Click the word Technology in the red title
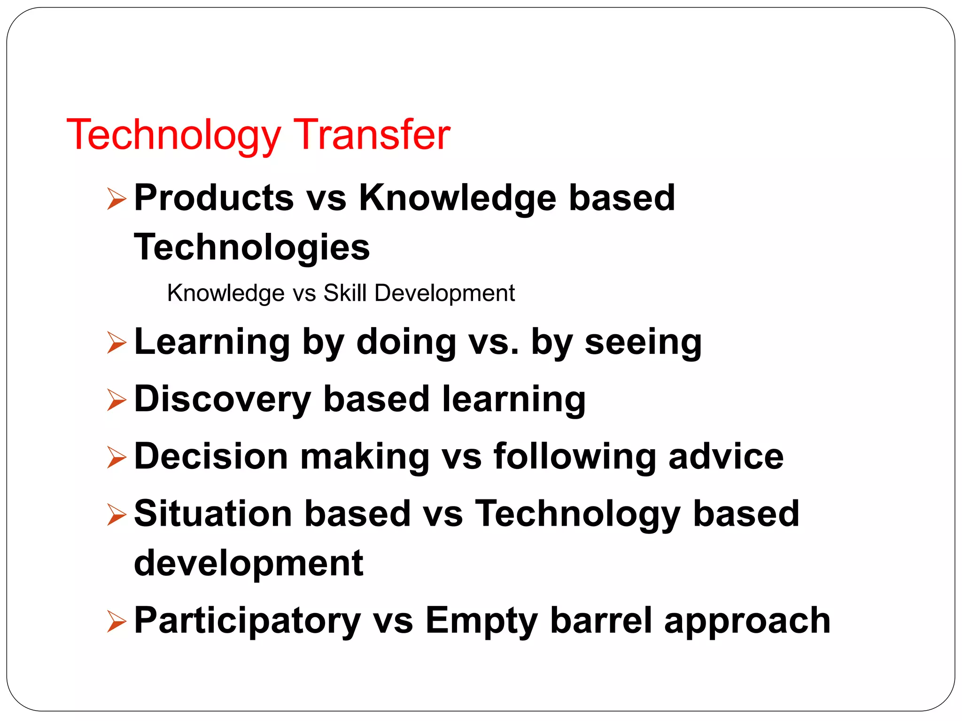click(x=173, y=135)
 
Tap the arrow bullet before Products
click(x=116, y=199)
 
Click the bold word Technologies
click(x=252, y=247)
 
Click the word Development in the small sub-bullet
click(x=444, y=293)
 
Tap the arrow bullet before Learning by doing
click(x=116, y=342)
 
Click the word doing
click(x=406, y=342)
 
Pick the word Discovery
click(x=222, y=399)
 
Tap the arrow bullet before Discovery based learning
click(x=116, y=400)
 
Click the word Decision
click(x=211, y=456)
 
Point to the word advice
click(x=726, y=456)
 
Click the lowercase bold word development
click(x=248, y=563)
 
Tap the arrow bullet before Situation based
click(x=116, y=514)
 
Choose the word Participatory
click(x=247, y=621)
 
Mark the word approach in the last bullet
click(x=747, y=621)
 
